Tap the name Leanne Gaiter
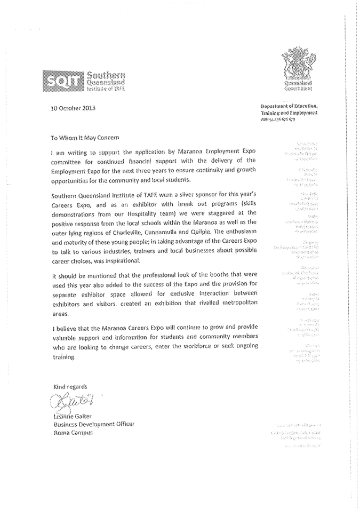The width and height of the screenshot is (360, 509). [x=74, y=416]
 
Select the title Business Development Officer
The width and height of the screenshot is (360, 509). [x=93, y=424]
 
